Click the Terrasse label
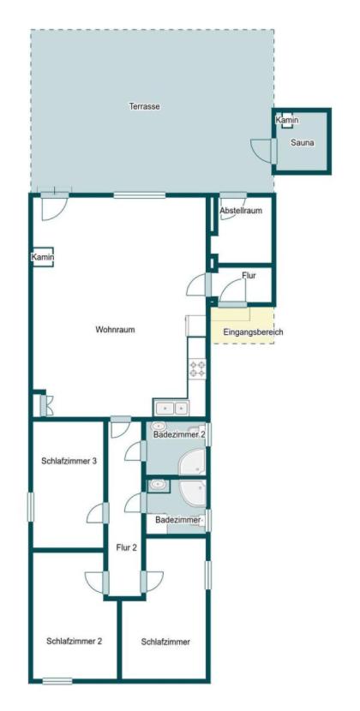144,107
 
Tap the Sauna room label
303,142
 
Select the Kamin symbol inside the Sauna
287,120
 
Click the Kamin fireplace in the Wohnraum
43,257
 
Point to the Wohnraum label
116,330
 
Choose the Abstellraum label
241,211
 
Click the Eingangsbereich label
253,332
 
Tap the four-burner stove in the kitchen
197,368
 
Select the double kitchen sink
171,408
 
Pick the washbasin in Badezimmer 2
159,427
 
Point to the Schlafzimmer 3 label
69,461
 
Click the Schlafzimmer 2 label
74,642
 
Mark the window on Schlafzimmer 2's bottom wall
57,681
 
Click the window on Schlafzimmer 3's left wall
30,507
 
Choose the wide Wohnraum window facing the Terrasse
140,195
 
